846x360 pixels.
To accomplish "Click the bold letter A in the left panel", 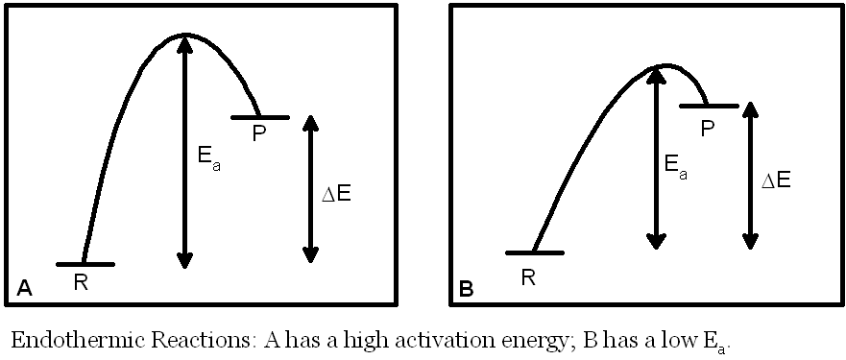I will click(x=25, y=287).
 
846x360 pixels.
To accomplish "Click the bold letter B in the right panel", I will click(x=467, y=288).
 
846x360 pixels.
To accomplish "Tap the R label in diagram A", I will click(x=81, y=283).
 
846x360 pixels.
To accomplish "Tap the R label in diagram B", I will click(x=528, y=278).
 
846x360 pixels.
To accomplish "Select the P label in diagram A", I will click(x=258, y=134).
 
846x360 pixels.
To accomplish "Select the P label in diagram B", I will click(x=708, y=126).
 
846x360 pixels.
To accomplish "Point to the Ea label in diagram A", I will click(x=210, y=158).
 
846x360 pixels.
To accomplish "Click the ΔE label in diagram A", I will click(x=335, y=194).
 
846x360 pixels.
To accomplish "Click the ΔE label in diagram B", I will click(x=776, y=180).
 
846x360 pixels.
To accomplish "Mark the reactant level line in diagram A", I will click(x=85, y=263).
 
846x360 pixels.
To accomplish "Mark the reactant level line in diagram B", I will click(x=534, y=252).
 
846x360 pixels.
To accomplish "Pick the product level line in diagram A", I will click(x=259, y=117).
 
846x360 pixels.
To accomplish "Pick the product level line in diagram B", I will click(x=709, y=105).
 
